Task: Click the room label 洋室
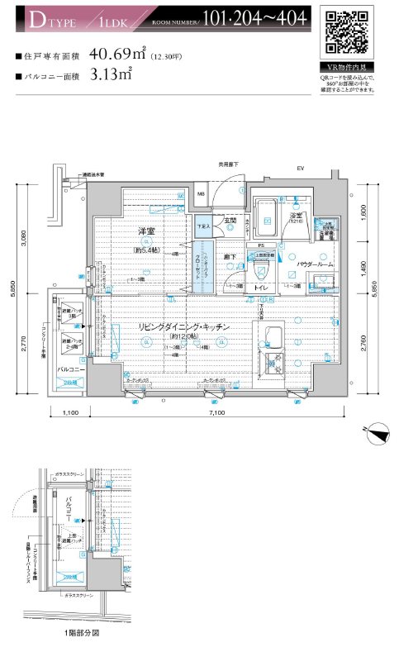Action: click(x=136, y=232)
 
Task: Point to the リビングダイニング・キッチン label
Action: click(x=183, y=327)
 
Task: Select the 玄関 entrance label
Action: click(x=231, y=221)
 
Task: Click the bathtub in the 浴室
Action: click(x=269, y=218)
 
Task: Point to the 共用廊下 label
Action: click(x=228, y=164)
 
